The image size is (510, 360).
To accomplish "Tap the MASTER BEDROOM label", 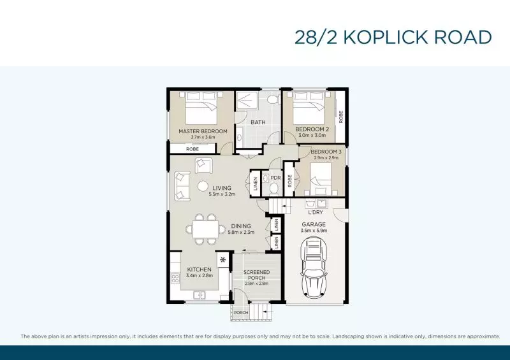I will click(x=202, y=131).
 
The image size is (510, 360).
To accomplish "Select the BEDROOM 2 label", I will click(x=312, y=129).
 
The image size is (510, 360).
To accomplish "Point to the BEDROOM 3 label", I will click(x=326, y=152).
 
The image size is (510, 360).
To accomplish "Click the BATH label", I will click(x=258, y=122).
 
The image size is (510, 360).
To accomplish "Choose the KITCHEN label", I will click(x=199, y=269).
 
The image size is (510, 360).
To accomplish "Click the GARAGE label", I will click(x=314, y=224).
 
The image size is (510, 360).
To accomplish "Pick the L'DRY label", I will click(x=317, y=213).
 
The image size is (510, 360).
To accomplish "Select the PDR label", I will click(x=275, y=178).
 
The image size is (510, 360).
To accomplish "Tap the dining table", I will click(x=205, y=228).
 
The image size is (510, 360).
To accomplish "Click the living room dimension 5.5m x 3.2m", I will click(x=221, y=194).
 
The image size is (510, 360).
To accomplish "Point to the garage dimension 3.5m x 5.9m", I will click(x=314, y=231).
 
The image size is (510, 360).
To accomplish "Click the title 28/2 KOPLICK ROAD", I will click(x=393, y=38).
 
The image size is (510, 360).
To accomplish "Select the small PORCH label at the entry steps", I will click(x=241, y=312).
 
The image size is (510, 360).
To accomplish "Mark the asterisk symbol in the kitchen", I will click(x=222, y=260).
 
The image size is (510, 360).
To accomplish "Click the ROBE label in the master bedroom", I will click(x=192, y=148).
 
